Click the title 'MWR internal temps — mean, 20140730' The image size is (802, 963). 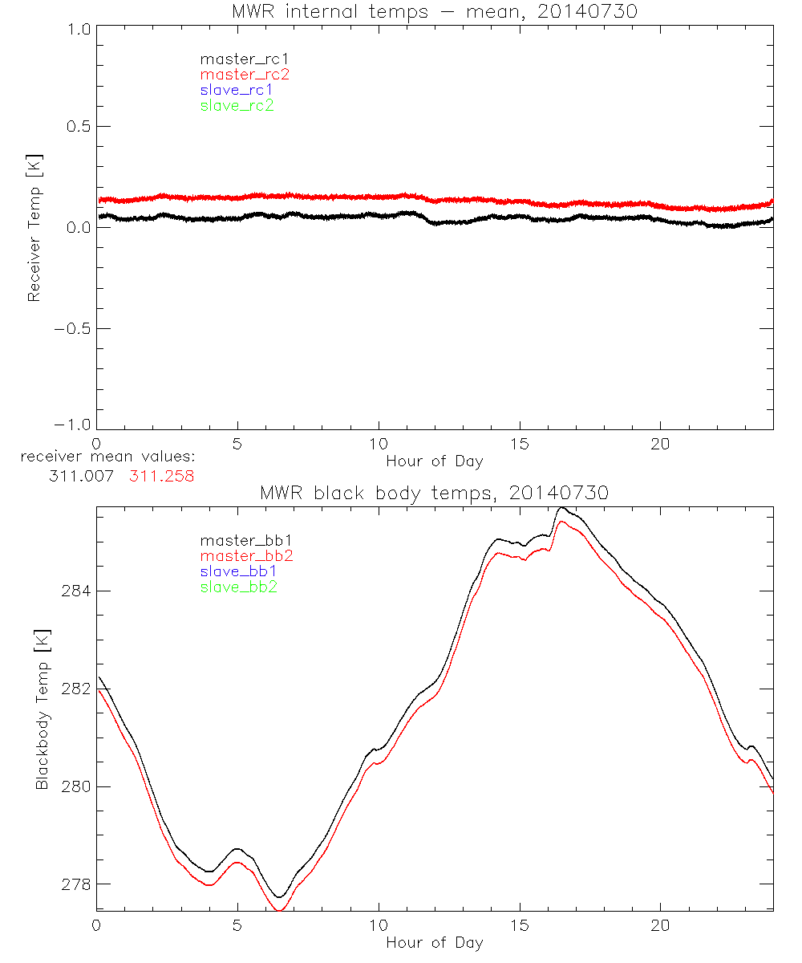click(434, 11)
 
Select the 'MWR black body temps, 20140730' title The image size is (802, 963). click(434, 494)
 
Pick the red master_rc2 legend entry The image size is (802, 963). click(245, 75)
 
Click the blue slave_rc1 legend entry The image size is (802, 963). click(237, 90)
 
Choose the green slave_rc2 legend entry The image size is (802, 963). click(237, 105)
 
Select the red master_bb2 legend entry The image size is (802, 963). click(247, 556)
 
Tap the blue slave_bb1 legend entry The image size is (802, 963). click(240, 571)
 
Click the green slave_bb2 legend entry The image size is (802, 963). click(240, 587)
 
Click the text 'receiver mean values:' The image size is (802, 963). click(109, 457)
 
